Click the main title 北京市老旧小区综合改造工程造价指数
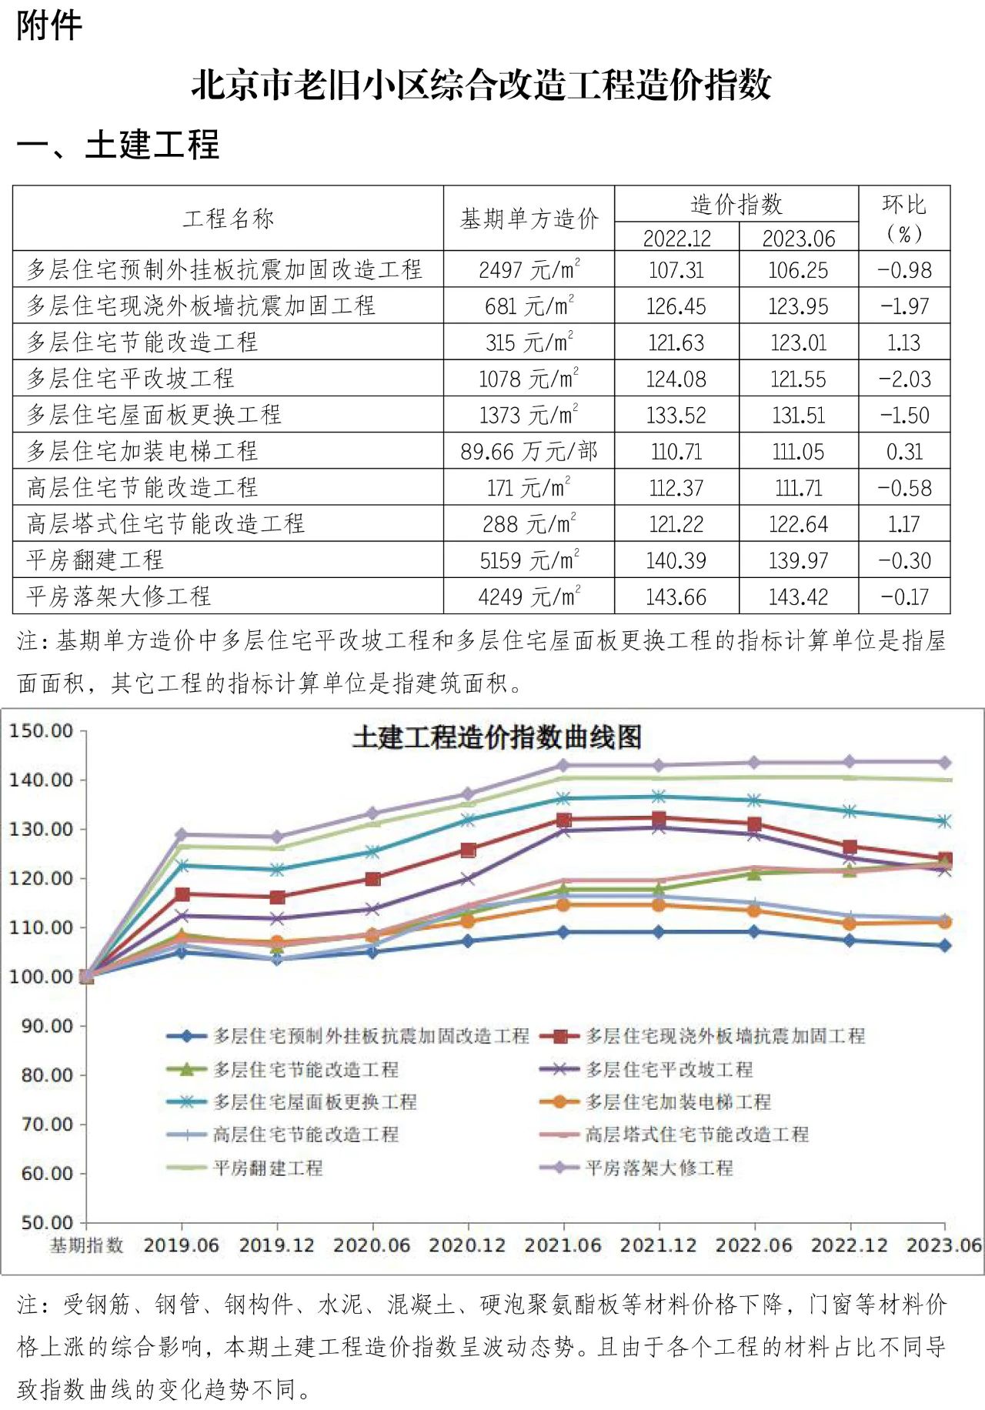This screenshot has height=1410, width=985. coord(481,84)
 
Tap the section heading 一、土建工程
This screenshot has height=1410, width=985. coord(118,145)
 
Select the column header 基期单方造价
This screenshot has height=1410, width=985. coord(529,219)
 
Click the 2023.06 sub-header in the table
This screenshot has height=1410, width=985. coord(798,239)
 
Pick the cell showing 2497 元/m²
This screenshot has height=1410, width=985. coord(529,270)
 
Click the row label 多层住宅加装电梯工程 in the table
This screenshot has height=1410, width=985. coord(142,451)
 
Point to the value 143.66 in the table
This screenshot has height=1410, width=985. coord(676,596)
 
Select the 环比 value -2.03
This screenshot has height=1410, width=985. coord(904,379)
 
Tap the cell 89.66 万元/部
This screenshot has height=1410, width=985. coord(529,451)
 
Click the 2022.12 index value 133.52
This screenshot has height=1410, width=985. coord(676,416)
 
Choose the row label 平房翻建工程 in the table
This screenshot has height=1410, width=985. coord(95,560)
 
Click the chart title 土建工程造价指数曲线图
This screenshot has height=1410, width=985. coord(497,737)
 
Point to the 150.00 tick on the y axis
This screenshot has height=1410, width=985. coord(42,730)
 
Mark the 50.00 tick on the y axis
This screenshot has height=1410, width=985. coord(42,1222)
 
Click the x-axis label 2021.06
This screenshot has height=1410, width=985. coord(563,1245)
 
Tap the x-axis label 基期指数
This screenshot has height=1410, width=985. coord(86,1245)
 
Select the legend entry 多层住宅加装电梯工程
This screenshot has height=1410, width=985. coord(677,1101)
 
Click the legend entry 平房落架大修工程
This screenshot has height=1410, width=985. coord(659,1168)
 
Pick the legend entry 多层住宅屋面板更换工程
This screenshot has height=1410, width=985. coord(315,1101)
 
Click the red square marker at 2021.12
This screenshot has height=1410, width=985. coord(659,819)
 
